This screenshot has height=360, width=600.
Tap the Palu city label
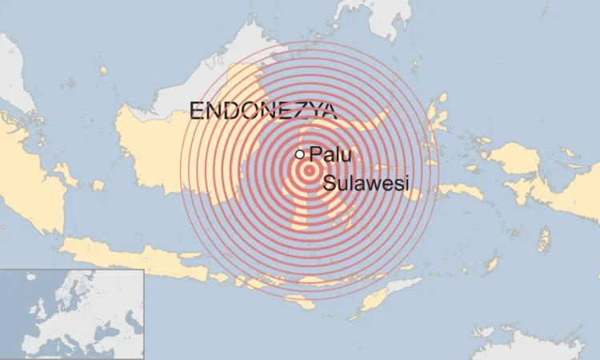point(330,154)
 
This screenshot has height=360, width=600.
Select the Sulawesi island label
point(366,184)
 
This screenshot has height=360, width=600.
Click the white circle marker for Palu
point(300,154)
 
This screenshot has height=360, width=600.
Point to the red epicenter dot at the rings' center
point(309,169)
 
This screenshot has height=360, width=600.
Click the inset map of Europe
point(72,314)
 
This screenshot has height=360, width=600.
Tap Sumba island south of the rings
point(301,302)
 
